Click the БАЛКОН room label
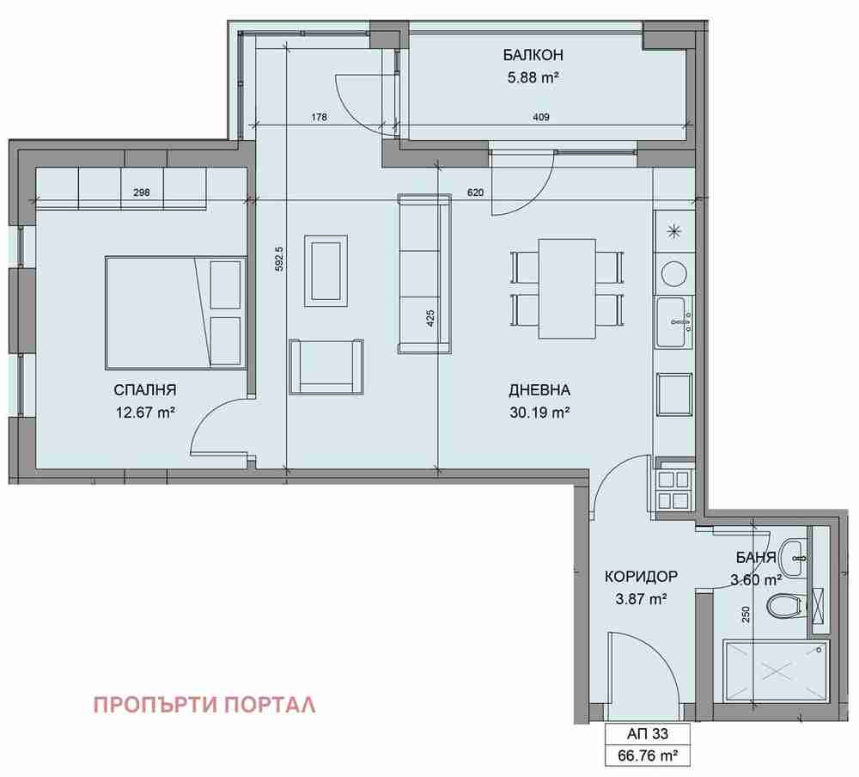click(533, 55)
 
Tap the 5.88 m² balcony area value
click(533, 77)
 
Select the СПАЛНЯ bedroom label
click(145, 390)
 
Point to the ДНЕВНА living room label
click(539, 390)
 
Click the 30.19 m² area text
click(539, 413)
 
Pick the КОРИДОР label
click(641, 577)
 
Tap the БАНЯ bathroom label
click(756, 558)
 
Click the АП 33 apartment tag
click(648, 734)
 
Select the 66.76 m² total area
click(648, 756)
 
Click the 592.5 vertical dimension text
click(279, 260)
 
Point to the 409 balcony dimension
click(540, 117)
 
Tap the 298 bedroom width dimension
click(142, 193)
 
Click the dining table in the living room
click(567, 289)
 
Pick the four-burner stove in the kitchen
click(673, 490)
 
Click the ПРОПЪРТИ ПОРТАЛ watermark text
click(205, 705)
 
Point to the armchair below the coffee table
click(326, 366)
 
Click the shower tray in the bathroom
click(777, 670)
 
